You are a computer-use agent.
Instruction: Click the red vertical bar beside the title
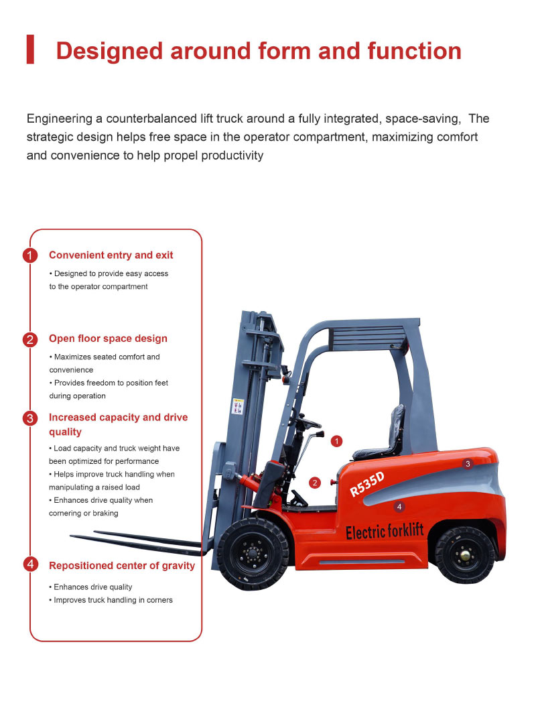30,50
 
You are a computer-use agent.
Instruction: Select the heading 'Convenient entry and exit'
111,255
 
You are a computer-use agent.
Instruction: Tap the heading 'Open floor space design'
108,339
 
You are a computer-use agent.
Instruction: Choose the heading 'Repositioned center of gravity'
122,566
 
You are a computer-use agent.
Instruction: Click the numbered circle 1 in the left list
30,255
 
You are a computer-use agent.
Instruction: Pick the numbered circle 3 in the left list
30,418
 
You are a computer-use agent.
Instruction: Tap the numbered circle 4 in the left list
30,564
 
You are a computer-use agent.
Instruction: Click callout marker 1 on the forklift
337,441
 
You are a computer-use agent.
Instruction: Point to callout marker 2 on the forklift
316,482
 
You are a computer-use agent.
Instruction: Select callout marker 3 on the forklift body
468,463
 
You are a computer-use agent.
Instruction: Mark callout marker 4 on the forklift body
399,507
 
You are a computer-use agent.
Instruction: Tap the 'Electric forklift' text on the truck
385,532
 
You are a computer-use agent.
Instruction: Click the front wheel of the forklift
253,553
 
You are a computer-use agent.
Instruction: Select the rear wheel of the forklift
464,554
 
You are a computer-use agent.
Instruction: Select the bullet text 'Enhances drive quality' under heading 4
92,587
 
